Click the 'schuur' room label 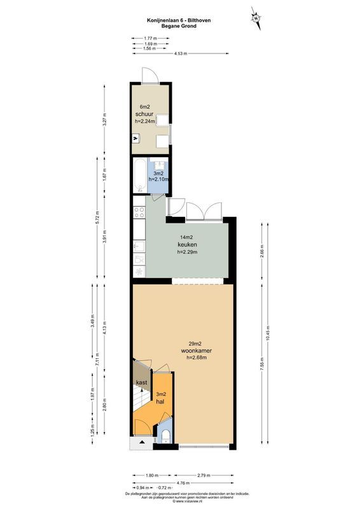[x=144, y=114]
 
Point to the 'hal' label [x=161, y=402]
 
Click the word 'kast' [x=141, y=382]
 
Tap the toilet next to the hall [x=165, y=436]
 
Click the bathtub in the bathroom [x=139, y=176]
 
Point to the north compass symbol [x=256, y=18]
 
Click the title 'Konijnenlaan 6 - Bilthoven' [x=179, y=20]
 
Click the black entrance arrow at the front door [x=142, y=442]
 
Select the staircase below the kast [x=139, y=403]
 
